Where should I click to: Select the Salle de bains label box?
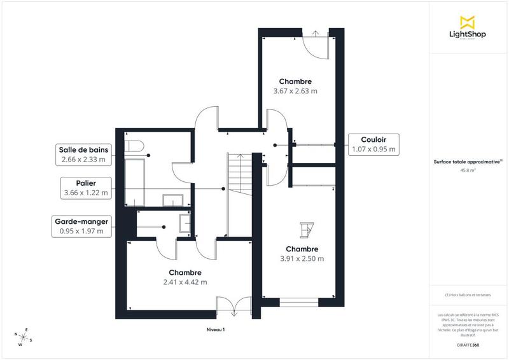click(83, 155)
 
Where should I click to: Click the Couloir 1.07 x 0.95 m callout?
click(374, 144)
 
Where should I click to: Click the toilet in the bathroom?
click(132, 146)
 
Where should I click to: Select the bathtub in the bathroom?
click(134, 182)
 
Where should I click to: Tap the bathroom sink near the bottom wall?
click(172, 201)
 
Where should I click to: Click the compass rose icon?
click(25, 338)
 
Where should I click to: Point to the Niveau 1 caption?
click(216, 329)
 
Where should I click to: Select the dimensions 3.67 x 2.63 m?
click(295, 91)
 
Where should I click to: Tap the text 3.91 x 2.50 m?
click(302, 259)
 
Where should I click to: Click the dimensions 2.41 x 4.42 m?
click(185, 282)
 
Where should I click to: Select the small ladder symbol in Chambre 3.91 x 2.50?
click(307, 229)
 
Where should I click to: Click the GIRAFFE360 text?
click(468, 344)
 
